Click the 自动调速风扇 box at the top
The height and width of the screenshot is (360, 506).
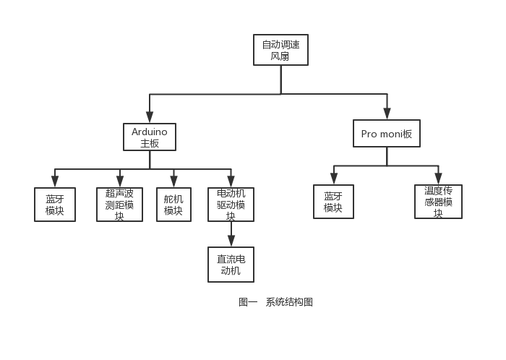click(x=280, y=50)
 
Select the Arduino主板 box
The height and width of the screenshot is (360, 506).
click(x=150, y=137)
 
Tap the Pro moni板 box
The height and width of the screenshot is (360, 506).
click(x=387, y=134)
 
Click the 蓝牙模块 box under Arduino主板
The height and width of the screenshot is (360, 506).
click(x=55, y=205)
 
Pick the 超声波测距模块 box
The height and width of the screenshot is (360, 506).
click(x=119, y=205)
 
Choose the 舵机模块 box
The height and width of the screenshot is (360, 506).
click(x=173, y=205)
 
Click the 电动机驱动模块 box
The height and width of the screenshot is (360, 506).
click(x=231, y=205)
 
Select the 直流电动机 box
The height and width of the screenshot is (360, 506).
click(x=231, y=265)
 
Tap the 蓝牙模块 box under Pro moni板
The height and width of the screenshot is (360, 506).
click(x=333, y=202)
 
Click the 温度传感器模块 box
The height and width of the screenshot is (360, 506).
click(x=438, y=202)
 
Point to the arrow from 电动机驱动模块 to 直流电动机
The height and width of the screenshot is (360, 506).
click(x=231, y=234)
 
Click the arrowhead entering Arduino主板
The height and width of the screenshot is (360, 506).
click(x=150, y=118)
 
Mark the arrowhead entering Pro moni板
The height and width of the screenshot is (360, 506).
click(x=387, y=114)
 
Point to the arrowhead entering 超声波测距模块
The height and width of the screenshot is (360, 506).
click(x=120, y=181)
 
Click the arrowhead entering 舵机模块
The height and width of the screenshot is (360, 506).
click(x=173, y=181)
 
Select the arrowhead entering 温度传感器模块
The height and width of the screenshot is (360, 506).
click(x=438, y=179)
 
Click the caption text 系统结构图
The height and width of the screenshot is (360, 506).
click(x=289, y=302)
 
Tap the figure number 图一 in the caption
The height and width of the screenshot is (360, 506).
click(x=248, y=302)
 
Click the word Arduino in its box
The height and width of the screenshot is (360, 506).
click(x=150, y=132)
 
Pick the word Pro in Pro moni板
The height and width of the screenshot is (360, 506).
click(x=369, y=134)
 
